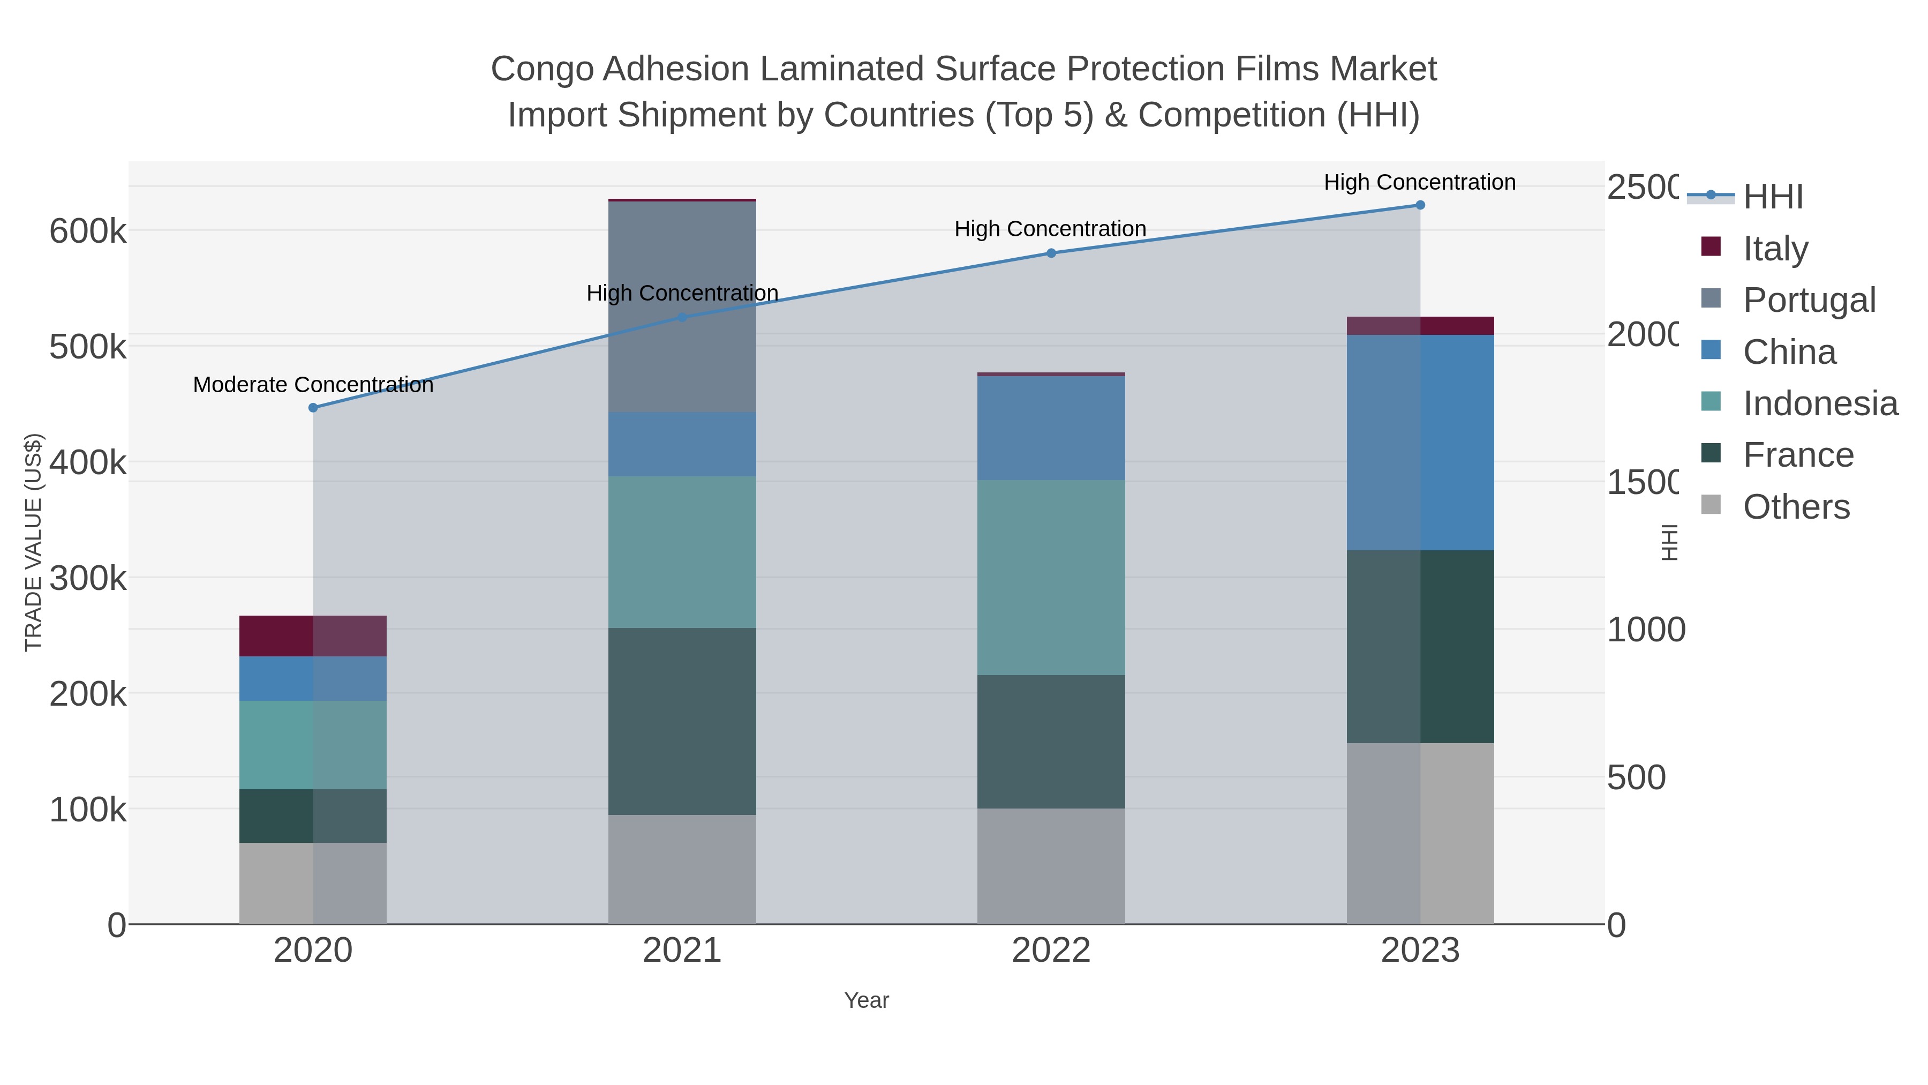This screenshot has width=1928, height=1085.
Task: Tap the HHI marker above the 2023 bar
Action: click(1420, 205)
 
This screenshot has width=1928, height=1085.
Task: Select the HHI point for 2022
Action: click(1051, 253)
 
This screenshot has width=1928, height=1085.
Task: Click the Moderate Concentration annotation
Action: click(313, 385)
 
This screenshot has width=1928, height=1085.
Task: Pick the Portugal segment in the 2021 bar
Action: click(682, 307)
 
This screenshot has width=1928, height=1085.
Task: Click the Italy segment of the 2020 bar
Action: click(313, 635)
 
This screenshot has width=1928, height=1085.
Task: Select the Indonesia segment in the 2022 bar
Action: click(1051, 577)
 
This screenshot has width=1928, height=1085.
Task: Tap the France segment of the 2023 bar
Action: click(1420, 646)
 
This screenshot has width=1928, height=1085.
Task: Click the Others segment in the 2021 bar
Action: click(682, 869)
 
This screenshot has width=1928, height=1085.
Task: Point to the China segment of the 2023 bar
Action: click(1420, 442)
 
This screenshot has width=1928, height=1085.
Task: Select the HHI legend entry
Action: click(1772, 197)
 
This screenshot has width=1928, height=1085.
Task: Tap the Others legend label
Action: click(1796, 507)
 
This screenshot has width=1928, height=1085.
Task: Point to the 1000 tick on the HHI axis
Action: click(1646, 630)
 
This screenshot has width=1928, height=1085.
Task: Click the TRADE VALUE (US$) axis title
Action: click(34, 542)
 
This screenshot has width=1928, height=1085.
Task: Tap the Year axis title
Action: click(866, 1000)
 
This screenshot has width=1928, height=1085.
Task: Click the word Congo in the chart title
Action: click(544, 69)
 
